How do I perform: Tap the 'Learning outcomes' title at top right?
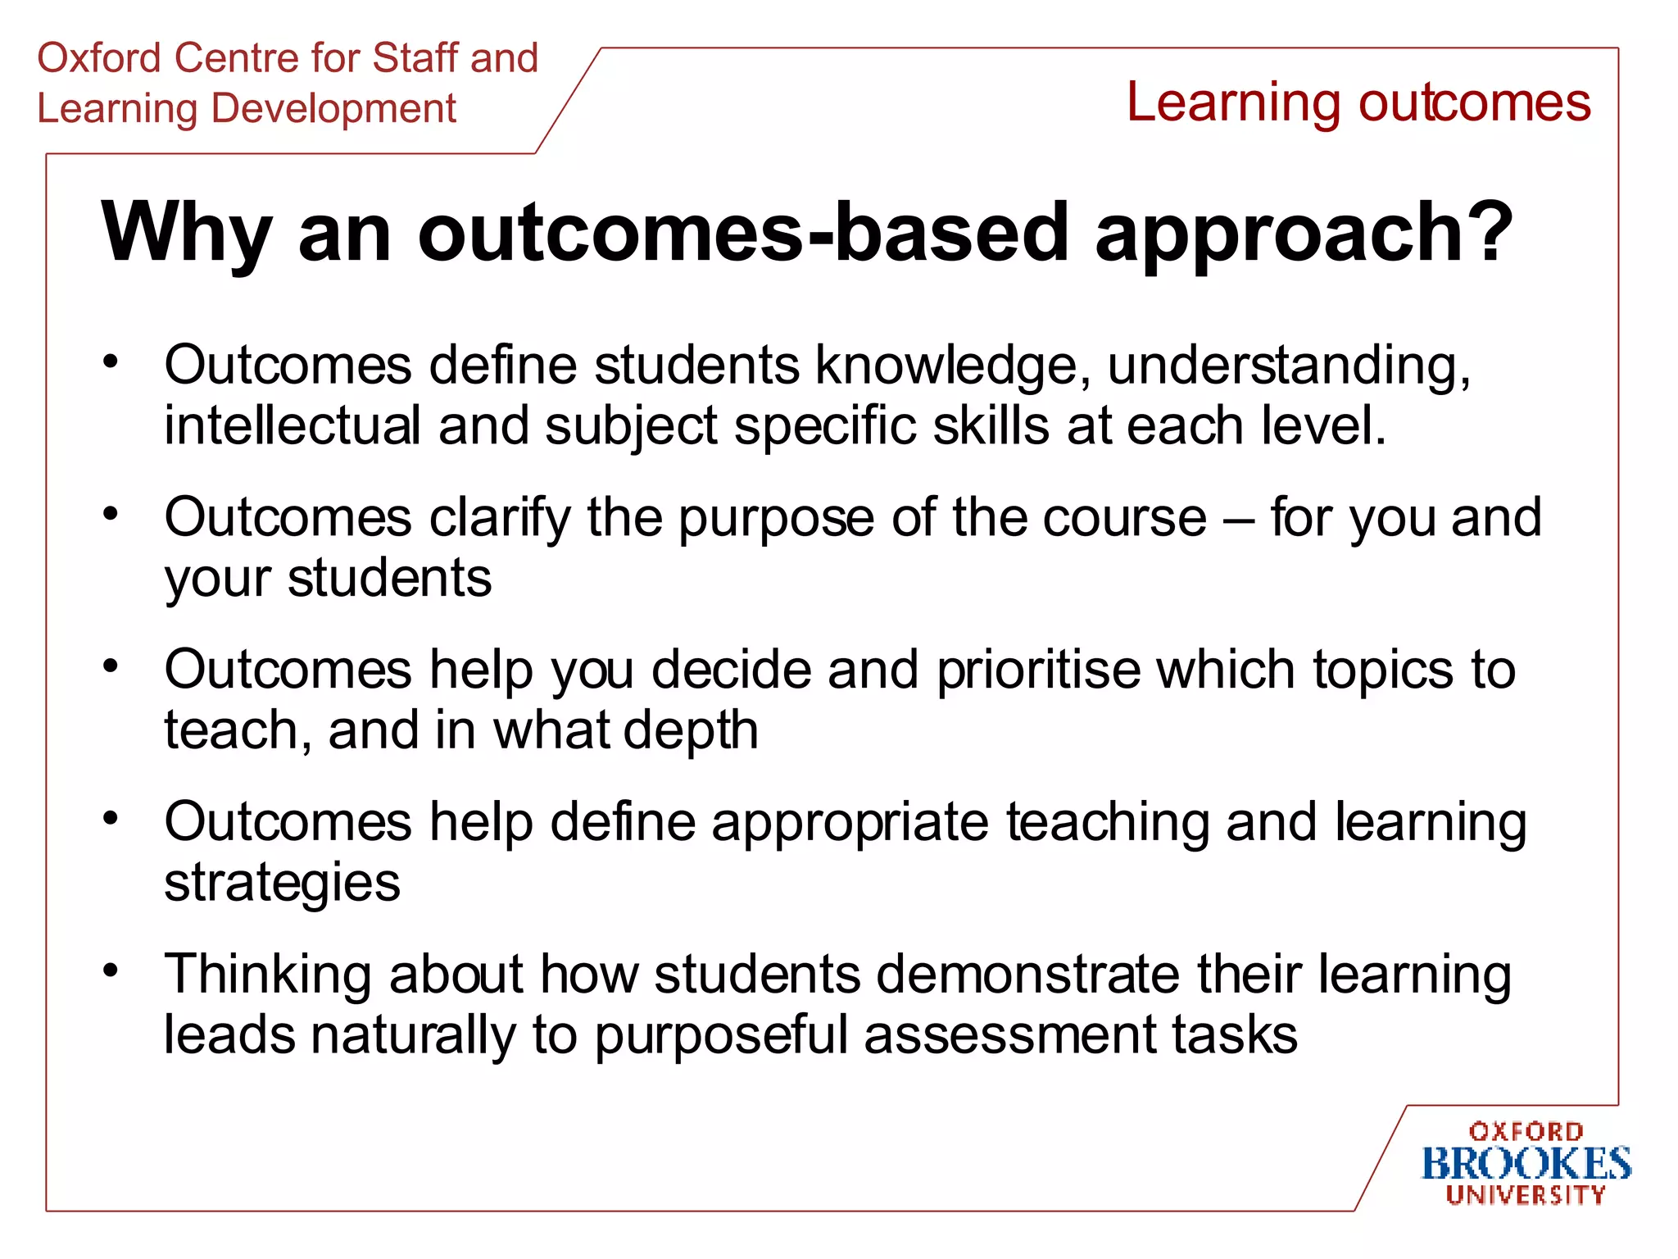pyautogui.click(x=1358, y=102)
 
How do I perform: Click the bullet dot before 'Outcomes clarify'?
pyautogui.click(x=111, y=514)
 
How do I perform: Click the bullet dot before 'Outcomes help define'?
pyautogui.click(x=111, y=818)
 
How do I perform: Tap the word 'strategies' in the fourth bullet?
pyautogui.click(x=282, y=884)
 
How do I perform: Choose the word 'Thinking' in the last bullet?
pyautogui.click(x=267, y=975)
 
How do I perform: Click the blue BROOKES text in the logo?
pyautogui.click(x=1526, y=1164)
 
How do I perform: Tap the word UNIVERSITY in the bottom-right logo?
pyautogui.click(x=1526, y=1195)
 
